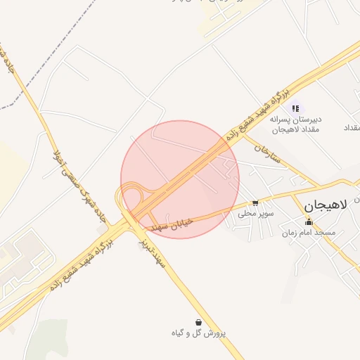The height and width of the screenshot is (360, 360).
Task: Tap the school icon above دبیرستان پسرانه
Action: (x=296, y=108)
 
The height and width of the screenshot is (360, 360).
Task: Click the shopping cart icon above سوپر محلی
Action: (x=255, y=202)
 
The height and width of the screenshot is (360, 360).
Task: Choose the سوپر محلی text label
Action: (x=255, y=213)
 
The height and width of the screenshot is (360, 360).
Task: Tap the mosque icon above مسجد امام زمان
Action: (x=308, y=223)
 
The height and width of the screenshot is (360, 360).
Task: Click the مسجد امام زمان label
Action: (x=308, y=232)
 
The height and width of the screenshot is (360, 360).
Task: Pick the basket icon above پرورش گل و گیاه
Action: (x=199, y=322)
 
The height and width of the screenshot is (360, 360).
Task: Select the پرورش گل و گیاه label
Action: (x=199, y=333)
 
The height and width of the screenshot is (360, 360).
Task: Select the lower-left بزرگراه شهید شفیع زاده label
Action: (x=81, y=266)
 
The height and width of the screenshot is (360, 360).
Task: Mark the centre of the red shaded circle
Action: (x=180, y=179)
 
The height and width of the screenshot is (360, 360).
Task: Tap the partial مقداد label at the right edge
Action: (x=351, y=127)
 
